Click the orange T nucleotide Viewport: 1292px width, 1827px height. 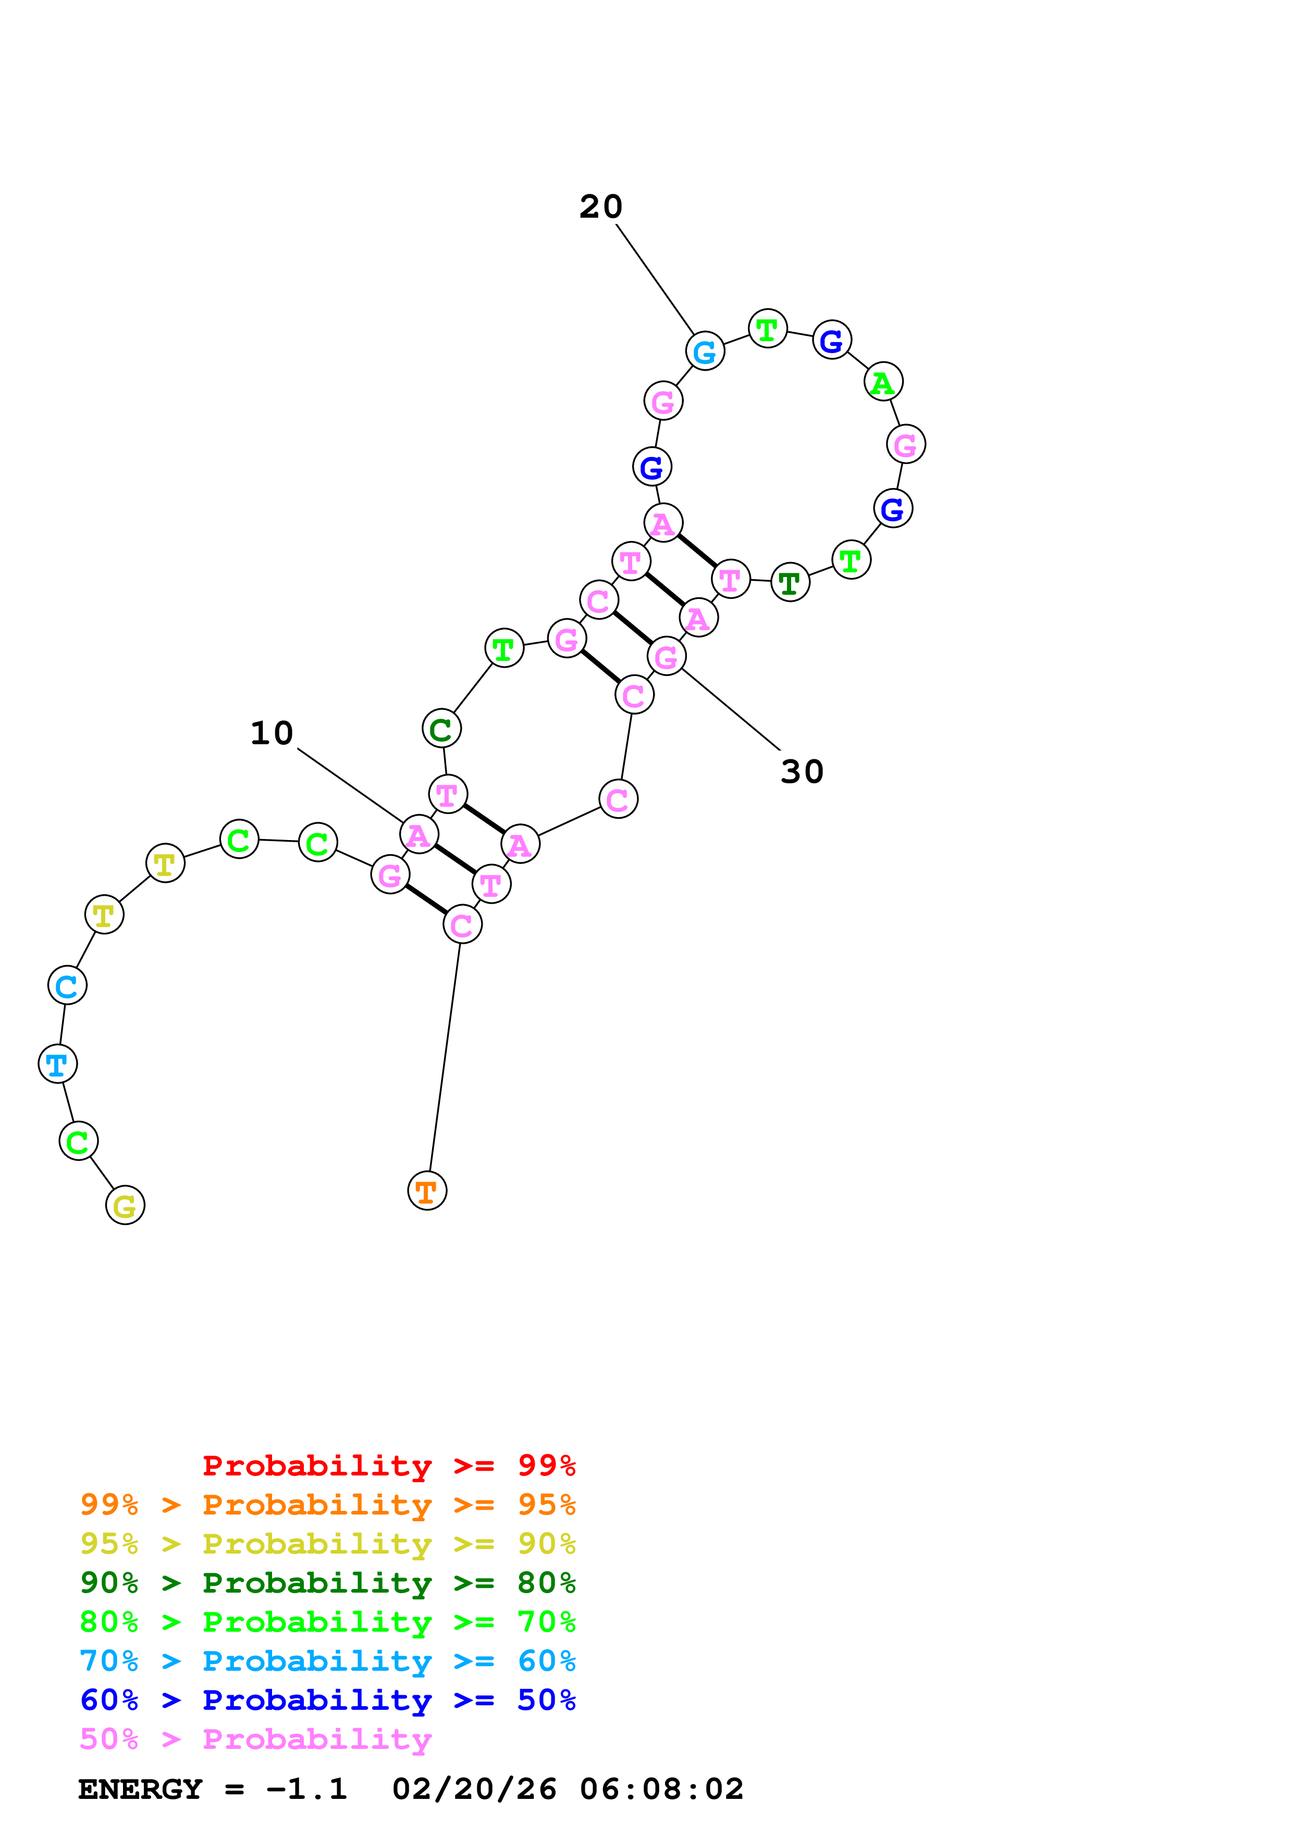coord(427,1191)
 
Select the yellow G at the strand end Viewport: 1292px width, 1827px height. coord(125,1206)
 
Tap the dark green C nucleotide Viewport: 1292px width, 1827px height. coord(441,728)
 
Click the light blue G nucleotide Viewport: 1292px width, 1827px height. coord(705,351)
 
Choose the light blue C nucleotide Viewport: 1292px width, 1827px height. coord(67,986)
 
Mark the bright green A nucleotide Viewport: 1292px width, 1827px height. coord(883,382)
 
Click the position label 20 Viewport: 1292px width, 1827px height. coord(600,207)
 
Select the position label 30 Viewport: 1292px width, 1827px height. coord(802,772)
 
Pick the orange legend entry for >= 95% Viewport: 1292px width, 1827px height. coord(327,1505)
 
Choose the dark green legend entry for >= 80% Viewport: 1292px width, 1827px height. coord(327,1583)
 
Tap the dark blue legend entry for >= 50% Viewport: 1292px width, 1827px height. coord(327,1700)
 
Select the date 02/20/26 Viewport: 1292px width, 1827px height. coord(474,1789)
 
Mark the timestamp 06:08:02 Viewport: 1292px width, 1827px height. coord(661,1789)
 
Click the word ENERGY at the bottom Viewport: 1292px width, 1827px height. coord(140,1789)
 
